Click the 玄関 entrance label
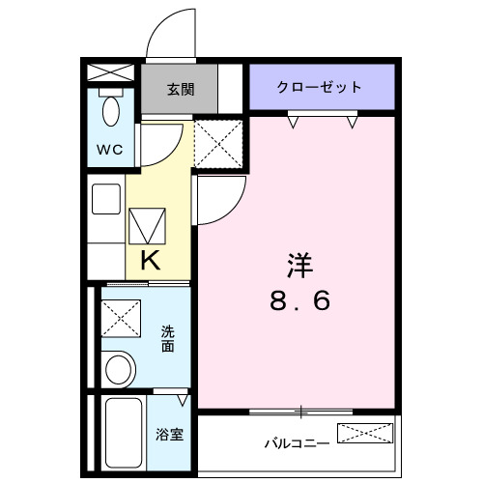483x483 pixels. tap(180, 90)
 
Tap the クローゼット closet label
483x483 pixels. tap(320, 87)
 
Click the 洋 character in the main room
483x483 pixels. tap(298, 263)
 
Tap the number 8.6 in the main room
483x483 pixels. tap(299, 301)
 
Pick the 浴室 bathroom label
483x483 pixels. tap(169, 435)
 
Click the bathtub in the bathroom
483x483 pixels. tap(122, 432)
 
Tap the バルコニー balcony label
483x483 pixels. tap(298, 443)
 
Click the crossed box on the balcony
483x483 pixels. tap(364, 433)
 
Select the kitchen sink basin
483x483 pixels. tap(105, 198)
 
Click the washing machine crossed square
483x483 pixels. tap(123, 315)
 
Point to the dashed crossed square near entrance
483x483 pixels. tap(217, 144)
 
